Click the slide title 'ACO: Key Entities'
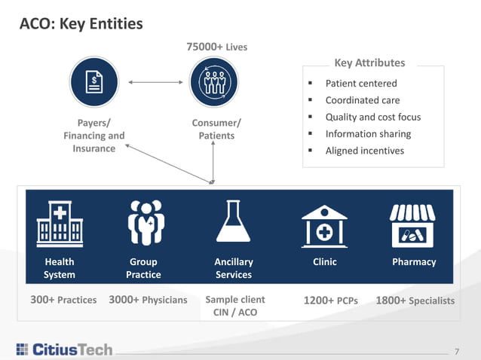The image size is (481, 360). [x=81, y=24]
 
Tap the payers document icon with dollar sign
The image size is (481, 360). [x=94, y=81]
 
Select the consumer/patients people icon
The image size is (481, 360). [x=213, y=81]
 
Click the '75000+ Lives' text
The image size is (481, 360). [x=216, y=47]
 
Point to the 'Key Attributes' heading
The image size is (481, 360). [x=369, y=63]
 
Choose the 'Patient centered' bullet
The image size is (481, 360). [x=360, y=83]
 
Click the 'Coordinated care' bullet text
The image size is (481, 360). [x=362, y=100]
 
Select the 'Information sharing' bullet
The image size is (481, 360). [x=368, y=134]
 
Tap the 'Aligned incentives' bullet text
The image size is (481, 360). [x=364, y=151]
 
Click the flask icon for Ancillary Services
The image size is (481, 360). [x=233, y=224]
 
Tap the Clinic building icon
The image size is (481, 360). [x=324, y=224]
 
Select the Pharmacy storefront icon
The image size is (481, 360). [x=412, y=224]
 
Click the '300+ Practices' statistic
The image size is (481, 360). [x=63, y=300]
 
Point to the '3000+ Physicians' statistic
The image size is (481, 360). [x=148, y=300]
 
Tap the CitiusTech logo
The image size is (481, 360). [x=63, y=349]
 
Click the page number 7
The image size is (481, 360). [x=456, y=350]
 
